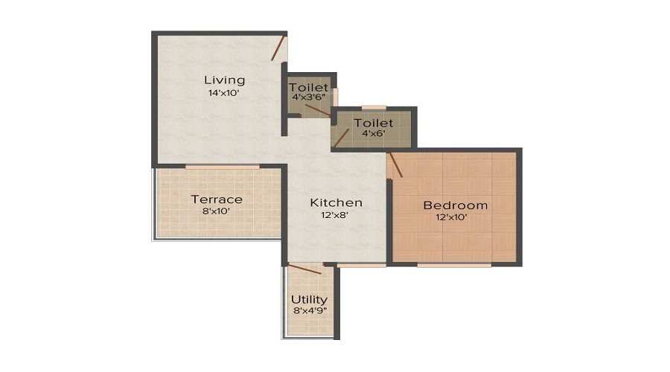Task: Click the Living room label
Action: [x=224, y=80]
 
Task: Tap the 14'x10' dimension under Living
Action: [x=224, y=94]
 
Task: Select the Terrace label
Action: [x=217, y=199]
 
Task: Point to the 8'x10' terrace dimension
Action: [x=217, y=211]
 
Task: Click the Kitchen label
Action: [x=336, y=202]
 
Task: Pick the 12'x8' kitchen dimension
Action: [x=336, y=215]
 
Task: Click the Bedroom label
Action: [x=456, y=205]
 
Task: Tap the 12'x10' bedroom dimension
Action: [x=456, y=217]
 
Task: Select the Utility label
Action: [x=309, y=300]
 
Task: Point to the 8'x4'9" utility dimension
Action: [x=309, y=312]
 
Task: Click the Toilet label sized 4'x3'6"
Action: [x=309, y=88]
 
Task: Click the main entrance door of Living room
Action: [x=278, y=48]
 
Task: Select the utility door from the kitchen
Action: [x=304, y=269]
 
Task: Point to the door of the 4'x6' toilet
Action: [x=341, y=138]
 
